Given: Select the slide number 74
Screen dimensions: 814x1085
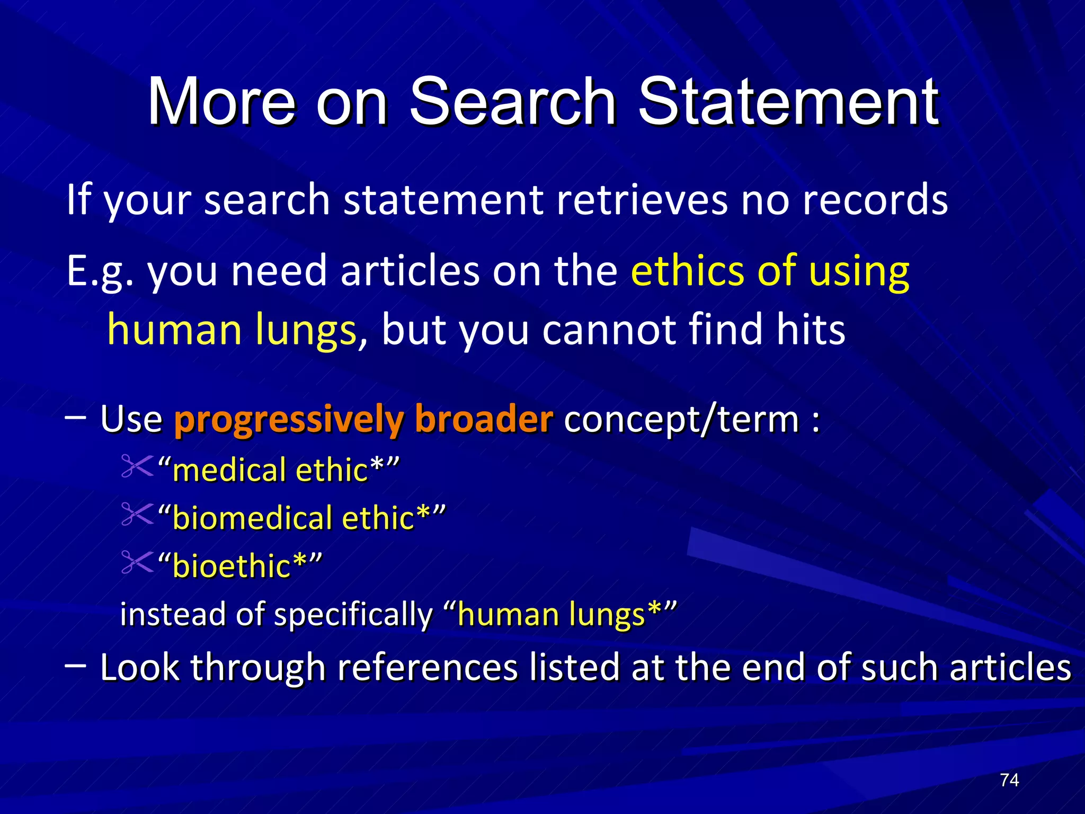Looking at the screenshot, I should [x=1009, y=780].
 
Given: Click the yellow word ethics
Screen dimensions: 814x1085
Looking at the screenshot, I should [x=687, y=270].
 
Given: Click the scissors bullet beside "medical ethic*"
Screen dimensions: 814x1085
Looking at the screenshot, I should [x=137, y=466].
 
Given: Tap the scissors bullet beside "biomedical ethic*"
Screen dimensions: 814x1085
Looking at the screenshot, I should [x=137, y=514].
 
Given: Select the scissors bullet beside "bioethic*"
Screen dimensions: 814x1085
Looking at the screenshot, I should [x=137, y=562].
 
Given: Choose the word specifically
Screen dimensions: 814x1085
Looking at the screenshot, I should [x=354, y=615].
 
